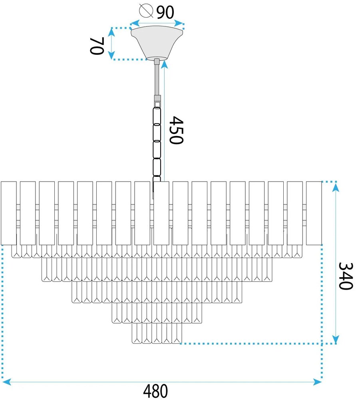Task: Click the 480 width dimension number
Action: point(155,391)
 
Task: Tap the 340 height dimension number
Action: point(346,276)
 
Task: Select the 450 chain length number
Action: point(176,130)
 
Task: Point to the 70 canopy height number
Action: point(97,46)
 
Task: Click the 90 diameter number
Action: point(165,12)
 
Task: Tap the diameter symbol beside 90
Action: point(146,11)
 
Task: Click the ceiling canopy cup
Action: point(157,42)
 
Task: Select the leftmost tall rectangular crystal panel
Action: point(9,213)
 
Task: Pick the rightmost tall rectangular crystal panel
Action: point(314,213)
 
